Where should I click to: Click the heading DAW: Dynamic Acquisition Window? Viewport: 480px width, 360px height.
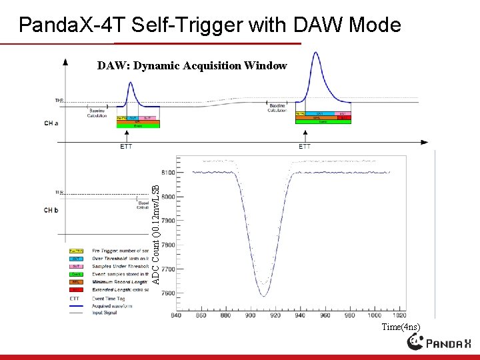click(x=192, y=65)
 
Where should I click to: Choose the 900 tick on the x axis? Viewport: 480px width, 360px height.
click(x=251, y=315)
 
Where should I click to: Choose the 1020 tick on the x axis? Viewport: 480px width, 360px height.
click(x=399, y=315)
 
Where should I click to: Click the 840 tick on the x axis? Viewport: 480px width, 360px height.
click(x=176, y=315)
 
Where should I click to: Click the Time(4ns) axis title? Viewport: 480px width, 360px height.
click(x=401, y=327)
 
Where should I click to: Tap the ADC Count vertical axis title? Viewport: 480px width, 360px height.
click(x=156, y=227)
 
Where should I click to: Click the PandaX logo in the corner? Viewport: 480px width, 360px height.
click(x=440, y=343)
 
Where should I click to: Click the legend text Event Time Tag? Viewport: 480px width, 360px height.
click(x=111, y=299)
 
